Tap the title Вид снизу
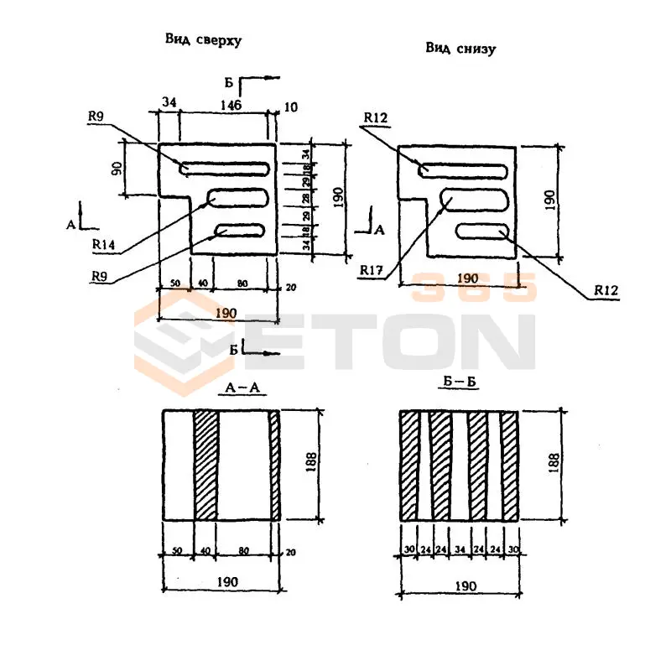click(460, 49)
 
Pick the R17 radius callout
click(370, 270)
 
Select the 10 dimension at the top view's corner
click(290, 107)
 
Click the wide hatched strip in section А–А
click(205, 465)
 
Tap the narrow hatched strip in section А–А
click(274, 465)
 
